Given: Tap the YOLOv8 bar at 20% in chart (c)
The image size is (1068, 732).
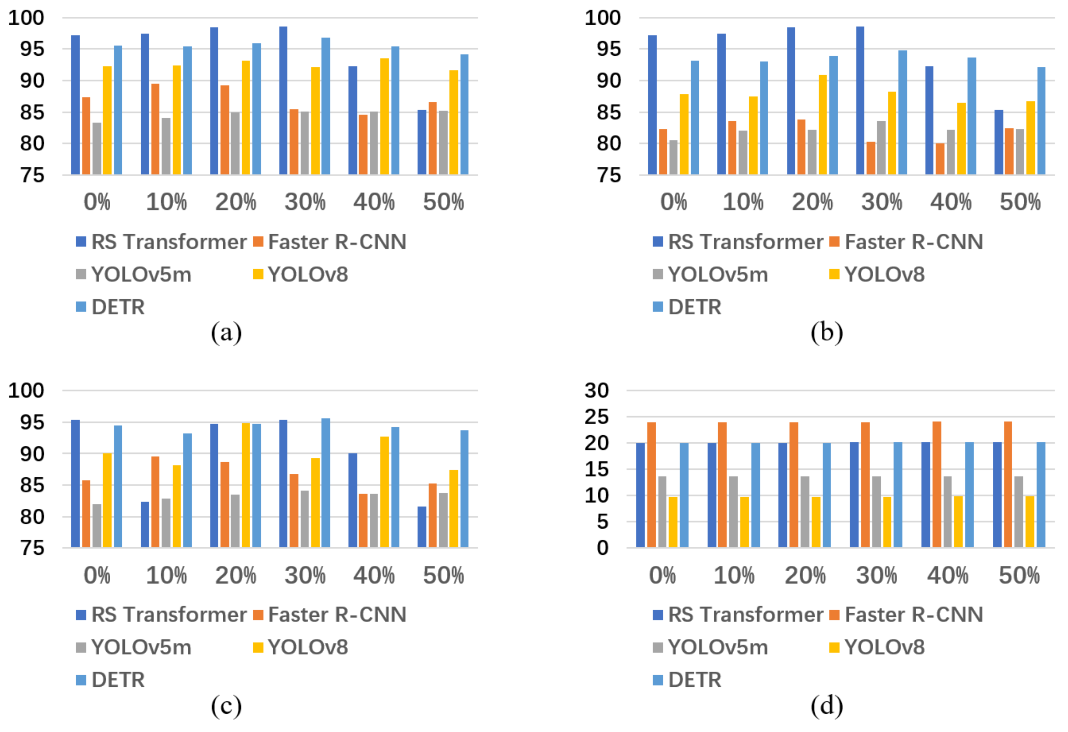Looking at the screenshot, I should click(246, 485).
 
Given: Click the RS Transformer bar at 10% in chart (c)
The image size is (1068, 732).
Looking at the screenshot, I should click(145, 524).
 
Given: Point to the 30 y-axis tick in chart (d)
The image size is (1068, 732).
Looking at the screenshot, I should click(597, 391).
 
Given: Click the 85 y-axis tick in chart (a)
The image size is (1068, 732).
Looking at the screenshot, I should click(32, 112).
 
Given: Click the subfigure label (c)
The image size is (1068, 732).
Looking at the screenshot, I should click(226, 706).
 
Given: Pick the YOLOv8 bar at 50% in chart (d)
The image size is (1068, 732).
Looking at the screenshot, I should click(1030, 522).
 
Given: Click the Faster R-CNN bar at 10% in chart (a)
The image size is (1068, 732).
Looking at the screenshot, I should click(155, 129).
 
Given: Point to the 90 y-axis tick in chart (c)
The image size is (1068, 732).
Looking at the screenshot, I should click(32, 454).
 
